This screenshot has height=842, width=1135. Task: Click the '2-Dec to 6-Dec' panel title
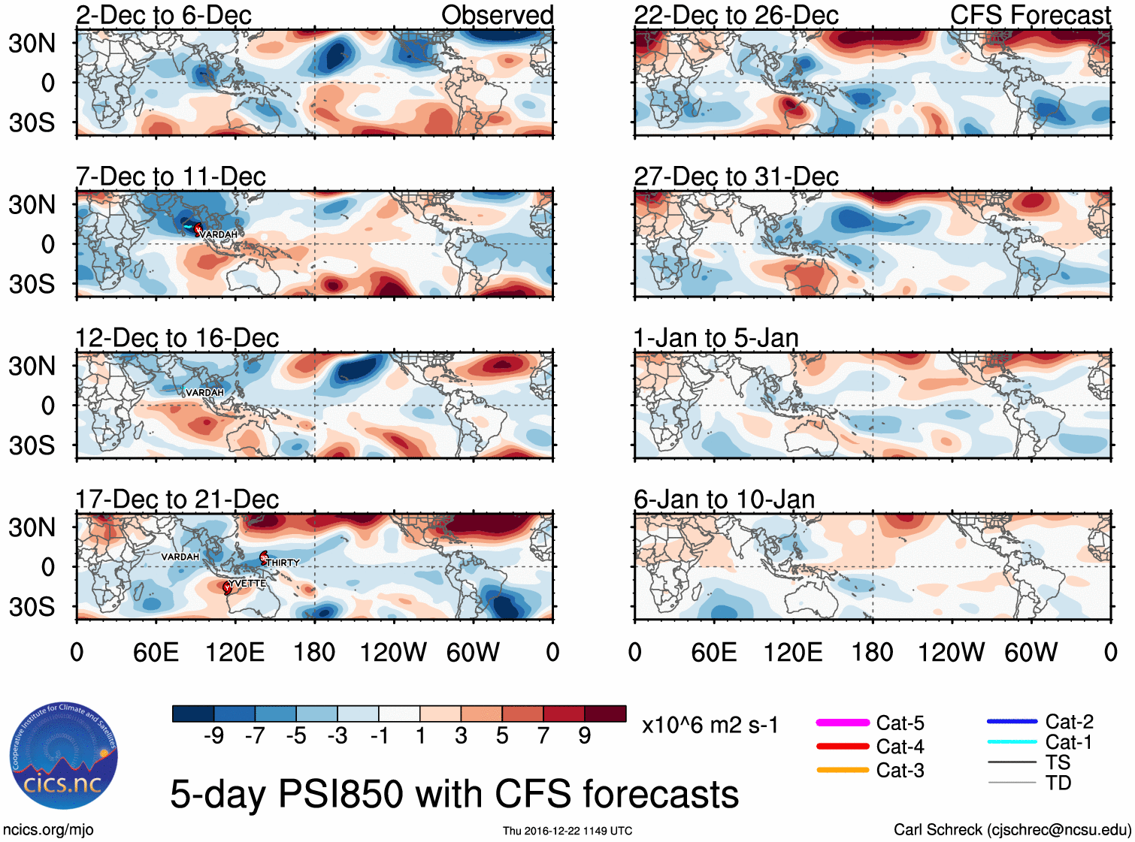tap(163, 15)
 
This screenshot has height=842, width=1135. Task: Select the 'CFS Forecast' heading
tap(1030, 15)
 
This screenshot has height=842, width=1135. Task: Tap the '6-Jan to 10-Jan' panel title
tap(724, 499)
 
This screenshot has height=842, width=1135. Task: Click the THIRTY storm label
tap(283, 563)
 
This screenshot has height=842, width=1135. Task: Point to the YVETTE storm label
tap(247, 584)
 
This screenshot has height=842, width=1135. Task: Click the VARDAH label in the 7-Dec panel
tap(219, 235)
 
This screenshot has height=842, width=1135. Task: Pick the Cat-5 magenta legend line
tap(842, 723)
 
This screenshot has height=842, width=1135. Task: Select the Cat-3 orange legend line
tap(842, 770)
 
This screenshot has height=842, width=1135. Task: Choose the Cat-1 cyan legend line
tap(1012, 742)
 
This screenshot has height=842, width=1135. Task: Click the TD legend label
tap(1058, 783)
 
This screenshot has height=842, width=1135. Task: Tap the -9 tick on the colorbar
tap(213, 736)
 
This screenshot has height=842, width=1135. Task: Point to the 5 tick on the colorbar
tap(502, 736)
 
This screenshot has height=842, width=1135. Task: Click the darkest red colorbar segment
tap(605, 714)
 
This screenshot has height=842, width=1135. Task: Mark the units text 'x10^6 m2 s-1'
tap(710, 726)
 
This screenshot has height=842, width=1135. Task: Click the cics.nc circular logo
tap(64, 756)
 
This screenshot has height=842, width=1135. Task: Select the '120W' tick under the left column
tap(393, 652)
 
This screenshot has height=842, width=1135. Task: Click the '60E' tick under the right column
tap(713, 652)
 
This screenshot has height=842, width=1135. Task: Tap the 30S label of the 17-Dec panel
tap(32, 607)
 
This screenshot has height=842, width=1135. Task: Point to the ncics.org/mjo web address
tap(48, 830)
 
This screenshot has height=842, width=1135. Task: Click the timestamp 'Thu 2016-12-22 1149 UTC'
tap(567, 831)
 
